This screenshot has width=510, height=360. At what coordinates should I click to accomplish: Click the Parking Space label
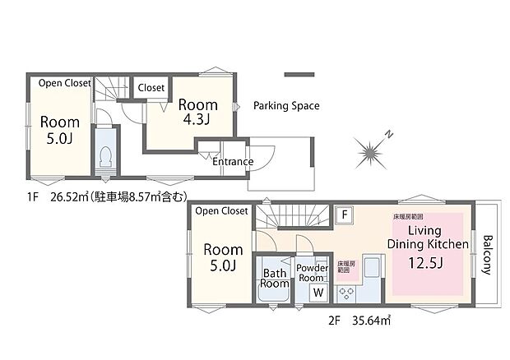point(286,106)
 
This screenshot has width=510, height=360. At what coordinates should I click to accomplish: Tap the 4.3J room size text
point(198,121)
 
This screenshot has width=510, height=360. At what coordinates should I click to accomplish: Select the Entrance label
point(233,162)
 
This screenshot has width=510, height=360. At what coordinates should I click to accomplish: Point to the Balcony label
point(488,256)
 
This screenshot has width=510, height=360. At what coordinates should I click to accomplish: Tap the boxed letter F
point(345,215)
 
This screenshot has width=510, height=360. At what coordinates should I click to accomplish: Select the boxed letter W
point(318,292)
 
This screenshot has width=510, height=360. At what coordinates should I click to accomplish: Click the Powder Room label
point(313,272)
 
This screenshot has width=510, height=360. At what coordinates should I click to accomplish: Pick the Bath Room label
point(275,277)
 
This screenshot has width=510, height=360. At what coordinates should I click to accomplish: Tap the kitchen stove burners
point(346,292)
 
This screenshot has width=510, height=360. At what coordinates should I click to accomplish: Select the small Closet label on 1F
point(151,88)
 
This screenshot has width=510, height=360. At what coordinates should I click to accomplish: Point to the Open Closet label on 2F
point(221,211)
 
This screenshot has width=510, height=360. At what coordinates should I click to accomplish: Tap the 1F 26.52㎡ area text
point(107,196)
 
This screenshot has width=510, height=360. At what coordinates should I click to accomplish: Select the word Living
point(426,230)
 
